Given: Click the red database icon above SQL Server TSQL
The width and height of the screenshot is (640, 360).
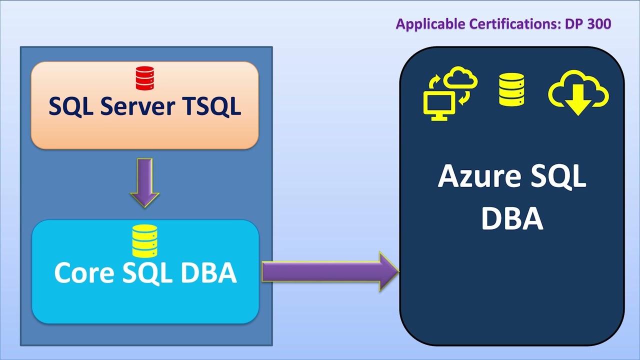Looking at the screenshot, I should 145,78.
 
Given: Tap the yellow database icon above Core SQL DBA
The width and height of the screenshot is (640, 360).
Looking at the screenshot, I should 145,240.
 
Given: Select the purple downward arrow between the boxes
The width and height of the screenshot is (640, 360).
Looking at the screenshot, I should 144,182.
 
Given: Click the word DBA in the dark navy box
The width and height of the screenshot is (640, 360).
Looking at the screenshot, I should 512,218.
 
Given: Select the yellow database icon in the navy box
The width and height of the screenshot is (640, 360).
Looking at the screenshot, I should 511,89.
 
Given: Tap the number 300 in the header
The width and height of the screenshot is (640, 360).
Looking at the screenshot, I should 599,24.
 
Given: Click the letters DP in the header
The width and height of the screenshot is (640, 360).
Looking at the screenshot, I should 574,24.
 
